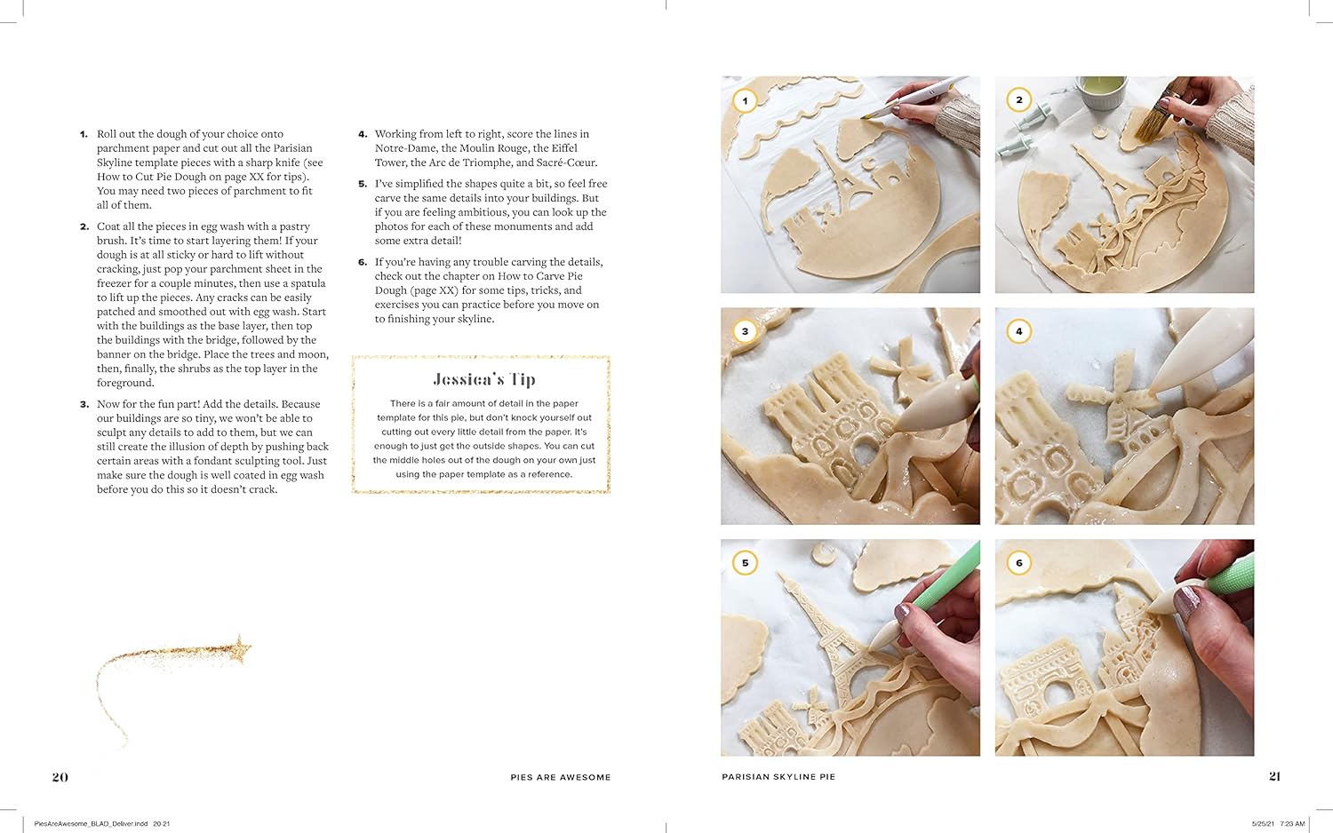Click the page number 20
tap(60, 776)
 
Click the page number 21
tap(1274, 776)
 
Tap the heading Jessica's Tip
tap(484, 379)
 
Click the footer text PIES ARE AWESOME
tap(561, 777)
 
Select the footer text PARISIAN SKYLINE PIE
tap(778, 776)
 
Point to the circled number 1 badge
tap(745, 100)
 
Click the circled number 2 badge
tap(1018, 99)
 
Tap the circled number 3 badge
tap(745, 331)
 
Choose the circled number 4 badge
tap(1018, 331)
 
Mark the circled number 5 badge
tap(745, 562)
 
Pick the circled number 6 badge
tap(1018, 562)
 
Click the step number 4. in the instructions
tap(363, 134)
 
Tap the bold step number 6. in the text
tap(363, 262)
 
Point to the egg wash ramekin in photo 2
tap(1100, 92)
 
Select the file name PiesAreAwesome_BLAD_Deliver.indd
tap(91, 824)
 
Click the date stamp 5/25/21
tap(1262, 824)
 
